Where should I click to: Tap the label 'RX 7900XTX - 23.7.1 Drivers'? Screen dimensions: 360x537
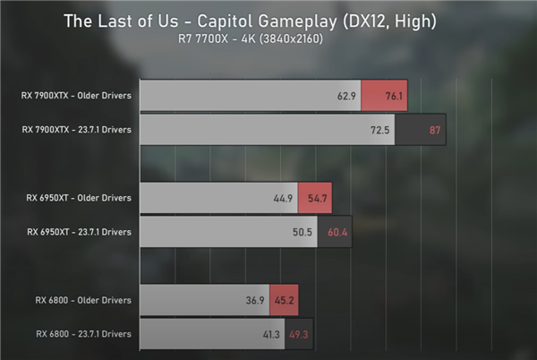[77, 130]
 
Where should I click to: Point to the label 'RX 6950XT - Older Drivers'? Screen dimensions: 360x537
[79, 197]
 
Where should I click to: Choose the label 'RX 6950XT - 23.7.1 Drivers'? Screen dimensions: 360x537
[79, 232]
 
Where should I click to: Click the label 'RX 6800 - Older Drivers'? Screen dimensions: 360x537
[83, 299]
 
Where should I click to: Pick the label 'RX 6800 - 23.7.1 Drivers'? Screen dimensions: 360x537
[84, 334]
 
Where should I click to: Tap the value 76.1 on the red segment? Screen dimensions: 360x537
[385, 95]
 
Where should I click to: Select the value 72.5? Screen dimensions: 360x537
[379, 130]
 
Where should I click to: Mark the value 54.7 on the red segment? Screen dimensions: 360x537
[318, 197]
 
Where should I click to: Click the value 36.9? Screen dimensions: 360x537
[252, 299]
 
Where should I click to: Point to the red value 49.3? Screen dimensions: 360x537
[299, 334]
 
